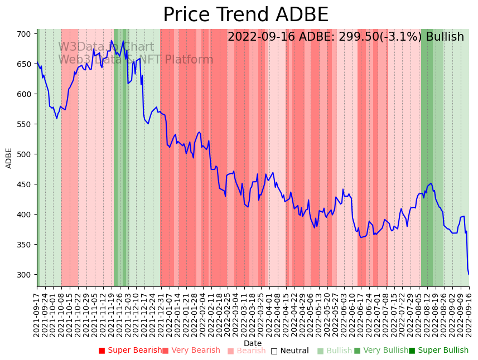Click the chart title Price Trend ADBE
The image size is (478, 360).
(x=245, y=15)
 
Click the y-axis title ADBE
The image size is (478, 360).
(x=9, y=158)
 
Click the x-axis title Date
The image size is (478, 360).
(x=253, y=344)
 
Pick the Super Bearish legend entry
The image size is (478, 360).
(x=130, y=351)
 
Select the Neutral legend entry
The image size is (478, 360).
(x=289, y=351)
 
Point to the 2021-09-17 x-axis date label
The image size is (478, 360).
(x=37, y=315)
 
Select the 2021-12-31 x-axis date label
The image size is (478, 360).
(x=160, y=315)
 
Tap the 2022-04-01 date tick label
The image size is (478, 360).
(x=269, y=315)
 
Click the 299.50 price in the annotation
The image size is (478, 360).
(x=359, y=37)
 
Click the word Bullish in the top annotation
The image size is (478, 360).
(x=445, y=37)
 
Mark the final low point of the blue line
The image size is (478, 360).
(x=469, y=274)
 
